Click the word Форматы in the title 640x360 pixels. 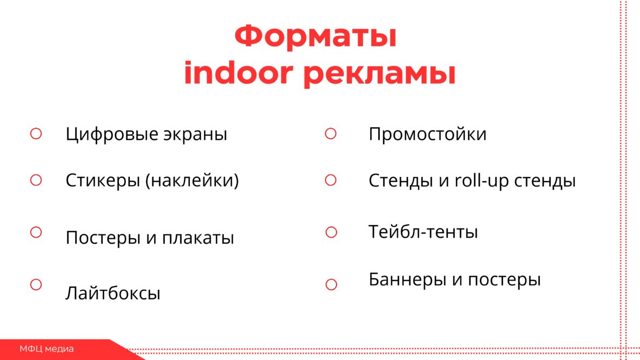316,36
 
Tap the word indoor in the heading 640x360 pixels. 238,73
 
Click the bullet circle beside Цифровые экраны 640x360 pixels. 36,133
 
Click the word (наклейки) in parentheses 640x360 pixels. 192,180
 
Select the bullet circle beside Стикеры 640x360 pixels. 36,180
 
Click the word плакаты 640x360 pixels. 198,238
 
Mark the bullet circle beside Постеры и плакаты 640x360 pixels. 36,232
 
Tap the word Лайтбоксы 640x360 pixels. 113,293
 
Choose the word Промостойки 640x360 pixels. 427,134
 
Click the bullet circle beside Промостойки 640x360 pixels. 331,133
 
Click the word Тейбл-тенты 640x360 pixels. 423,232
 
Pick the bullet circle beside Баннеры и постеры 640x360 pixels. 331,284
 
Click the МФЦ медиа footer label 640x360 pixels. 47,349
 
